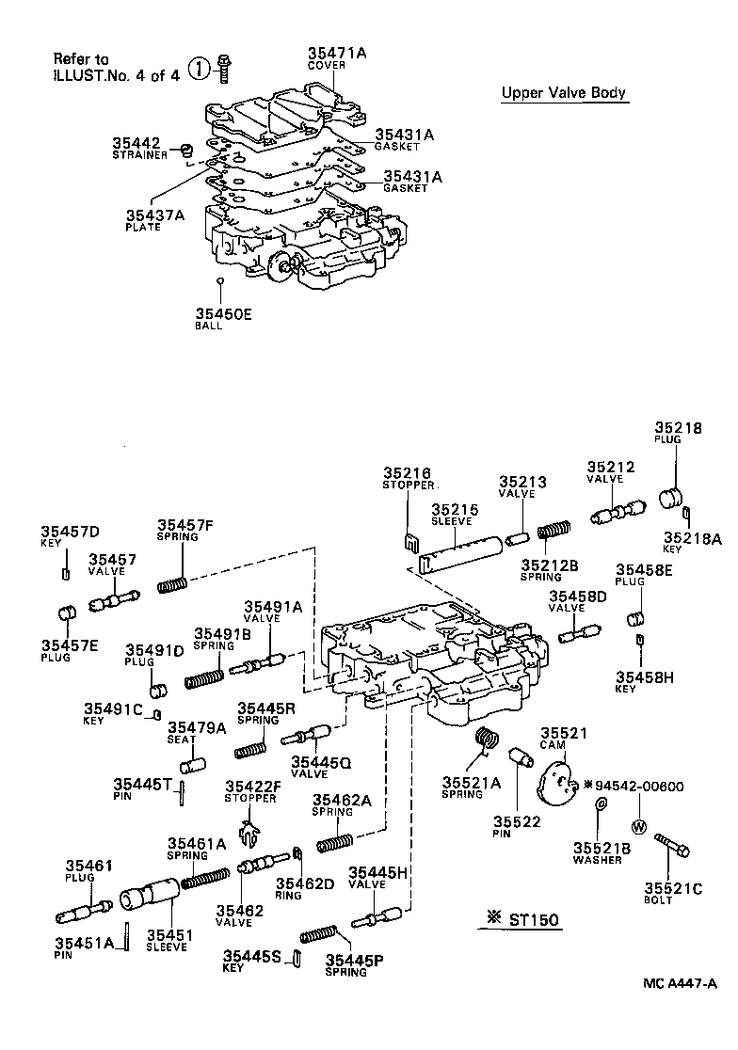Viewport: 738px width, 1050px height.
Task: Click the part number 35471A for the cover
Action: coord(336,54)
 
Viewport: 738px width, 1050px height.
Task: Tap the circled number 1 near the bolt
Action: coord(199,68)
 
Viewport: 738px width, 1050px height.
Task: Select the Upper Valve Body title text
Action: coord(563,93)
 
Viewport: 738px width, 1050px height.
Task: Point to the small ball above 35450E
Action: coord(219,280)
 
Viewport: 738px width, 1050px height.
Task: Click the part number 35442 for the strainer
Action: coord(136,142)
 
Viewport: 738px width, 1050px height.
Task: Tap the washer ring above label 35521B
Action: coord(601,804)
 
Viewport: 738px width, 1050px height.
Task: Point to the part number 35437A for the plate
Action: coord(155,215)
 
